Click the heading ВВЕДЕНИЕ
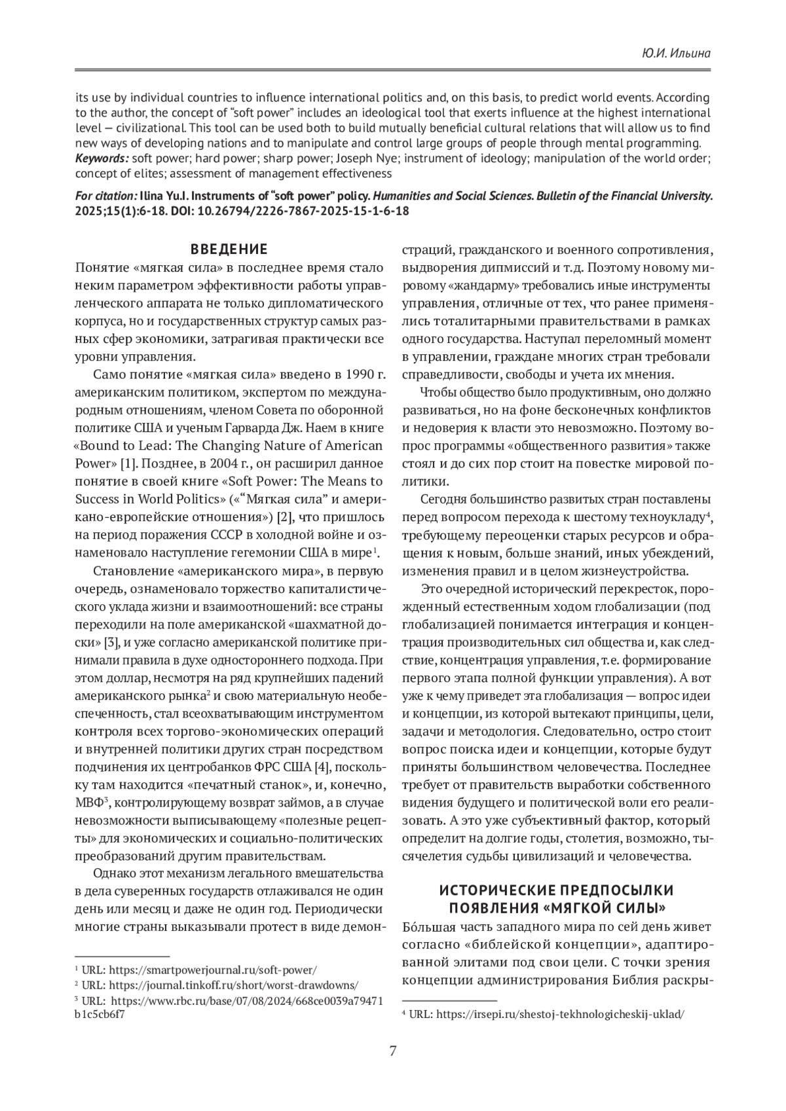[x=229, y=249]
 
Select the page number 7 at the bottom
[x=392, y=1051]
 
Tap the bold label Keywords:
[x=102, y=158]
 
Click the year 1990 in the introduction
[x=358, y=375]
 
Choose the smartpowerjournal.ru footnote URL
[x=213, y=970]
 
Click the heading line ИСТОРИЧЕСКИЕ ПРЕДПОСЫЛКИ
[x=556, y=890]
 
